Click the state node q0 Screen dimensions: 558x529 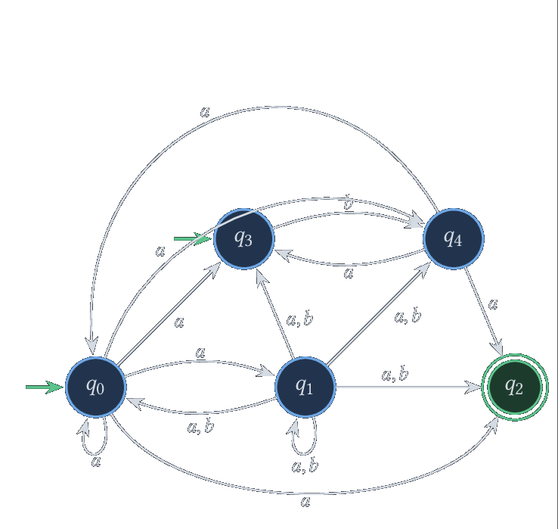point(96,387)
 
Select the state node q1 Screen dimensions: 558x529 point(305,387)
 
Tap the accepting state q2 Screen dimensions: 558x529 point(515,387)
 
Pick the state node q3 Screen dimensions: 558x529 point(243,238)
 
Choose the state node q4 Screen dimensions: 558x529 point(454,238)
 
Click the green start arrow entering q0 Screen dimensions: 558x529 point(45,387)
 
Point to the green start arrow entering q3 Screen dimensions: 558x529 point(193,238)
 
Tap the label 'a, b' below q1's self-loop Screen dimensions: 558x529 point(305,466)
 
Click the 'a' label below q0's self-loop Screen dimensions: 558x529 point(96,462)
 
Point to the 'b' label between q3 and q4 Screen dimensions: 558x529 point(349,202)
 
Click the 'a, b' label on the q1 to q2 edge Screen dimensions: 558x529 point(395,375)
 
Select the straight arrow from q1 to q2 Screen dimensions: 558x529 point(408,387)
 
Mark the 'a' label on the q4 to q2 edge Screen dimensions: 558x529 point(492,304)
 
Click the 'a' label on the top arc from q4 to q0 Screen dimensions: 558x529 point(205,112)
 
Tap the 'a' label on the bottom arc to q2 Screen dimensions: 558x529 point(305,502)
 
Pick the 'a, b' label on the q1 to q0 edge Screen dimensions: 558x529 point(200,426)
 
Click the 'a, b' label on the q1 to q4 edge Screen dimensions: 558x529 point(408,316)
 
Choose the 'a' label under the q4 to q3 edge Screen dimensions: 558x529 point(349,273)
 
